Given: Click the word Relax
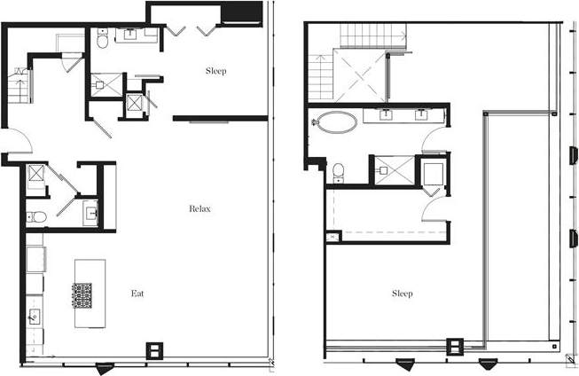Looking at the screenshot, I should tap(200, 209).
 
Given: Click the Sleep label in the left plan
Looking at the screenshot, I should tap(215, 71).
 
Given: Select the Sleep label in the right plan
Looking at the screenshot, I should tap(402, 294).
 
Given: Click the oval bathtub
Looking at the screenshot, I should tap(337, 121).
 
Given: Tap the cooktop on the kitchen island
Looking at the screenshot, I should tap(82, 294).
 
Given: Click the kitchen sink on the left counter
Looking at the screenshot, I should tap(35, 315).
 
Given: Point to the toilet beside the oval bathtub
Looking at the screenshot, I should tap(338, 171).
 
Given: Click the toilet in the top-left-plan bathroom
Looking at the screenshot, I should tap(103, 40).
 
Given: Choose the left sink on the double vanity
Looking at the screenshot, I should tap(387, 114).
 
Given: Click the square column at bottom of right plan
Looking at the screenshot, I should tap(457, 346).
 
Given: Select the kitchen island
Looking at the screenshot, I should tap(90, 293).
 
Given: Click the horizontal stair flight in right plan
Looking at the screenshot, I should tap(372, 36).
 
